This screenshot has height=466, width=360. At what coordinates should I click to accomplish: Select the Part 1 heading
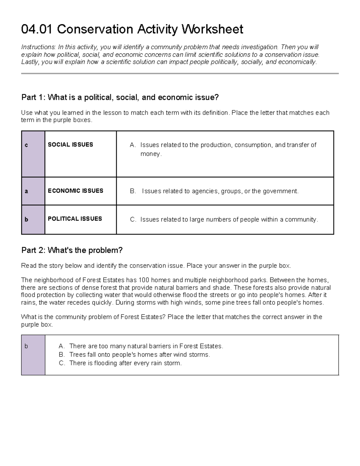pos(120,98)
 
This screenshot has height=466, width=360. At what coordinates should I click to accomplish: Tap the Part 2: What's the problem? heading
pos(72,250)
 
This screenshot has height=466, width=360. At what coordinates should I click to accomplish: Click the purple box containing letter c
pos(33,154)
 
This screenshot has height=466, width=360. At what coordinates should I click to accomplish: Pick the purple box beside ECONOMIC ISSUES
pos(33,191)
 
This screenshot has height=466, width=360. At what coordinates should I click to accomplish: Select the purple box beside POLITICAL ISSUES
pos(33,220)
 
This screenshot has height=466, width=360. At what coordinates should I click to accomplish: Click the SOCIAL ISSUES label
pos(70,145)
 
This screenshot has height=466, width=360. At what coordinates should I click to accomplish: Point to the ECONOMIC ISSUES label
pos(75,191)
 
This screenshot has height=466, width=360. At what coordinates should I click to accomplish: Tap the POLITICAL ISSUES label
pos(75,219)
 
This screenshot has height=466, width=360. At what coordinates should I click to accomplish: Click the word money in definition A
pos(150,154)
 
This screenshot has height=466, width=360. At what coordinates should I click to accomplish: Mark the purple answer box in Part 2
pos(33,355)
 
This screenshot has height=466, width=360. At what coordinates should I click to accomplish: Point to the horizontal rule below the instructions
pos(180,73)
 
